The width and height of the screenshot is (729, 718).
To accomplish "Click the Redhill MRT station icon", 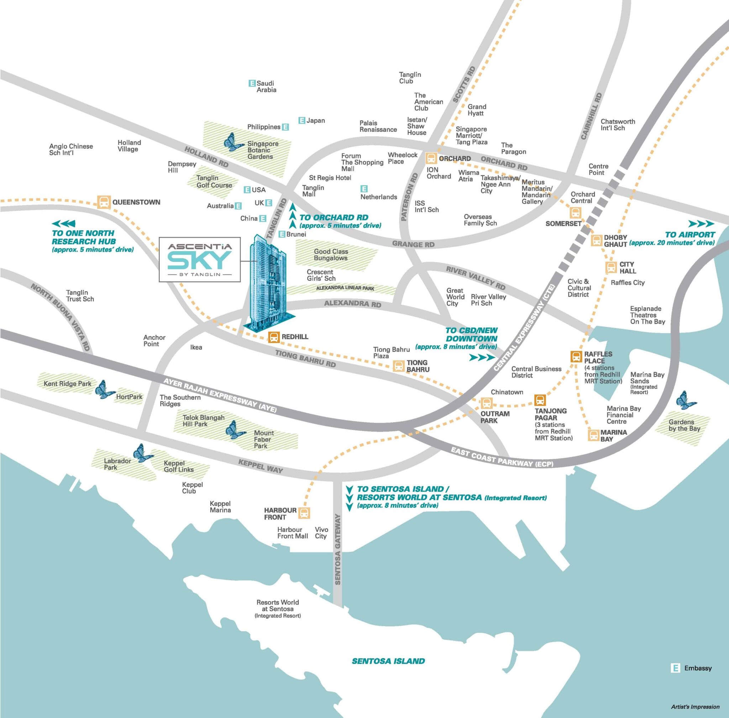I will pyautogui.click(x=274, y=337).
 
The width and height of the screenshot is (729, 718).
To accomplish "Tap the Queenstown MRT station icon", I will pyautogui.click(x=104, y=202).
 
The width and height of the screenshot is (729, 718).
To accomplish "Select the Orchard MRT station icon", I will pyautogui.click(x=431, y=158).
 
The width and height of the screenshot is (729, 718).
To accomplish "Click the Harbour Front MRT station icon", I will pyautogui.click(x=304, y=513).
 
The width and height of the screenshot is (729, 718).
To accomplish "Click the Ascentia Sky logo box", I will pyautogui.click(x=199, y=259).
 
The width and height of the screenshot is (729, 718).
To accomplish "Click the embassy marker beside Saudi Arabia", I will pyautogui.click(x=252, y=83).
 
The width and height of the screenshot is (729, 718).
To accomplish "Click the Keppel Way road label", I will pyautogui.click(x=261, y=466).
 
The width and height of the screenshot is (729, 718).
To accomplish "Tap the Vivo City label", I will pyautogui.click(x=321, y=533).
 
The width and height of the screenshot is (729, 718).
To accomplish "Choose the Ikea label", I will pyautogui.click(x=196, y=347).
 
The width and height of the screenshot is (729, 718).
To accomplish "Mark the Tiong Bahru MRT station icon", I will pyautogui.click(x=398, y=366).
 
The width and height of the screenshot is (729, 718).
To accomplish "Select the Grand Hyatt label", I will pyautogui.click(x=476, y=110).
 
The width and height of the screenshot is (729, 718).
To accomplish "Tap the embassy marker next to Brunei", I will pyautogui.click(x=281, y=235).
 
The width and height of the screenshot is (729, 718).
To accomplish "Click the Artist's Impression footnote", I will pyautogui.click(x=695, y=707).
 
